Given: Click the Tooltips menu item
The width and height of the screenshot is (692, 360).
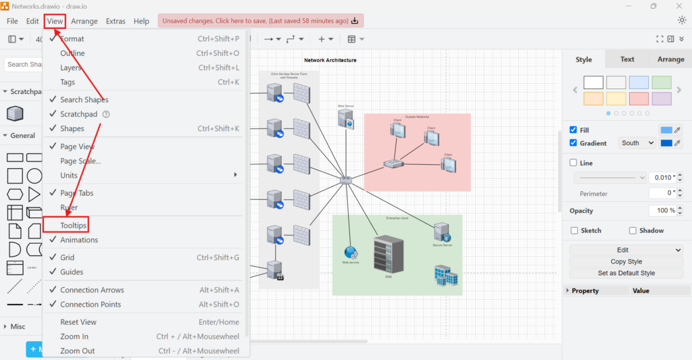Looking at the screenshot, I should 74,225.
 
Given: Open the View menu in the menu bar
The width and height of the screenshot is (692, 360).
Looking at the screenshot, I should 55,21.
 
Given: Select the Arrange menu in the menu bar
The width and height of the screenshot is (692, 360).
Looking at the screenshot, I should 84,21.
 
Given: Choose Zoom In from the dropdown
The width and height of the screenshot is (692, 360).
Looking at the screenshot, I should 74,336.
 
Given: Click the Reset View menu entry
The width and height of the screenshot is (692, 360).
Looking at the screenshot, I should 78,322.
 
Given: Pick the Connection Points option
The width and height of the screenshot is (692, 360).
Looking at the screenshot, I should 91,304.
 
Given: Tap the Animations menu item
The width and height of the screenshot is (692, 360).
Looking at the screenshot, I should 79,240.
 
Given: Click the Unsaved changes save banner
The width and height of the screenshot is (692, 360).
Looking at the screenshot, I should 260,21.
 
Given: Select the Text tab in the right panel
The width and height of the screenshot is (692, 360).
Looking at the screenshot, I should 627,59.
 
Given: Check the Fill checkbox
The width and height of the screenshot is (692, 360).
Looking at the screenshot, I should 574,130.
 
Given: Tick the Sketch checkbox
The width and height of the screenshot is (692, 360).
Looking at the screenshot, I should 574,230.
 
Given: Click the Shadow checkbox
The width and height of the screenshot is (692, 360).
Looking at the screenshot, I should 633,230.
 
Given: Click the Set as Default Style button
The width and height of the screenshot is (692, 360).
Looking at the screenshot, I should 626,273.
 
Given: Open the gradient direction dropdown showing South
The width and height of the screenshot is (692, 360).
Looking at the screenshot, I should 638,143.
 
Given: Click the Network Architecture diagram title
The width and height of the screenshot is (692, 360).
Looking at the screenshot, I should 330,60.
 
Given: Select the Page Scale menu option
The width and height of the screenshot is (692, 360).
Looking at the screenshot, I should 80,161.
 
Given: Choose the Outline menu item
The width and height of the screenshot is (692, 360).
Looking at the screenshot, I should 72,53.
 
